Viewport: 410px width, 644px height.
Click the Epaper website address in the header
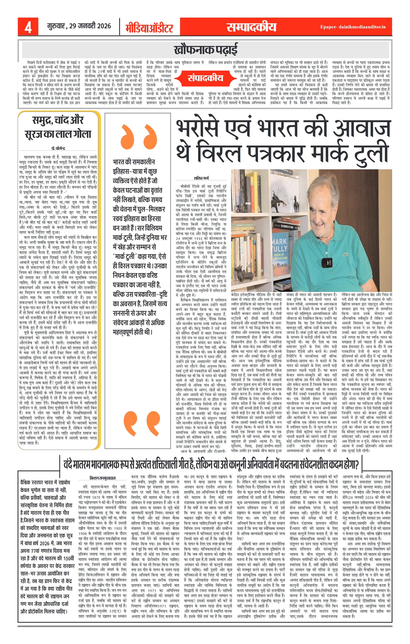click(x=353, y=27)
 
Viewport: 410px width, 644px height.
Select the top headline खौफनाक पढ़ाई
click(x=205, y=50)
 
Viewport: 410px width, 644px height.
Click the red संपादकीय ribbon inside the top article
click(x=205, y=78)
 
